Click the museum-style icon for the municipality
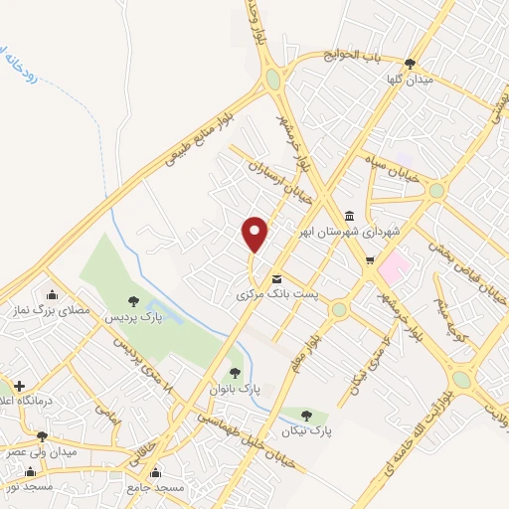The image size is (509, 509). click(349, 216)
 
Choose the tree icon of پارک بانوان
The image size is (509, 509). click(235, 373)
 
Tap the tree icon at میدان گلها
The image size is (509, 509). click(410, 63)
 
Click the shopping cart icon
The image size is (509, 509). click(371, 261)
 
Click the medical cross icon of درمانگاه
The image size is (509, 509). click(19, 385)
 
